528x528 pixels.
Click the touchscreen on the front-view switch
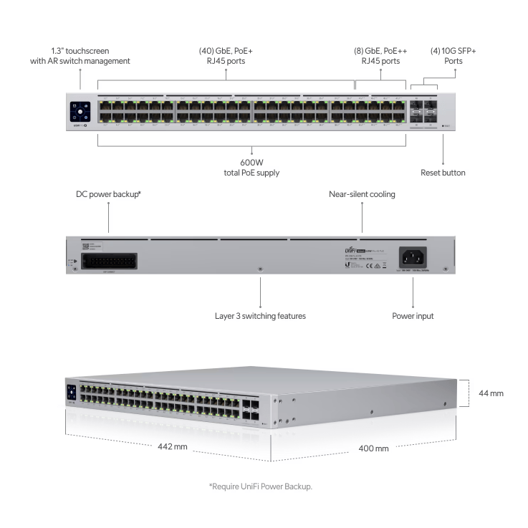pyautogui.click(x=80, y=111)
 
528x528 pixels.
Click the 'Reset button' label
pyautogui.click(x=443, y=173)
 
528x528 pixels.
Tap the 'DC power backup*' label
pyautogui.click(x=109, y=194)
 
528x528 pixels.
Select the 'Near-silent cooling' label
pyautogui.click(x=362, y=194)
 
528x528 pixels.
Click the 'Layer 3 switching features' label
pyautogui.click(x=260, y=315)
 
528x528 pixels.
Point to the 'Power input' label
pyautogui.click(x=413, y=315)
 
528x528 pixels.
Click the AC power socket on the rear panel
pyautogui.click(x=414, y=256)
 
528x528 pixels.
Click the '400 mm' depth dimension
pyautogui.click(x=373, y=448)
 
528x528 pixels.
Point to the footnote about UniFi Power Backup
pyautogui.click(x=261, y=486)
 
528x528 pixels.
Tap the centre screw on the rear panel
pyautogui.click(x=260, y=269)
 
